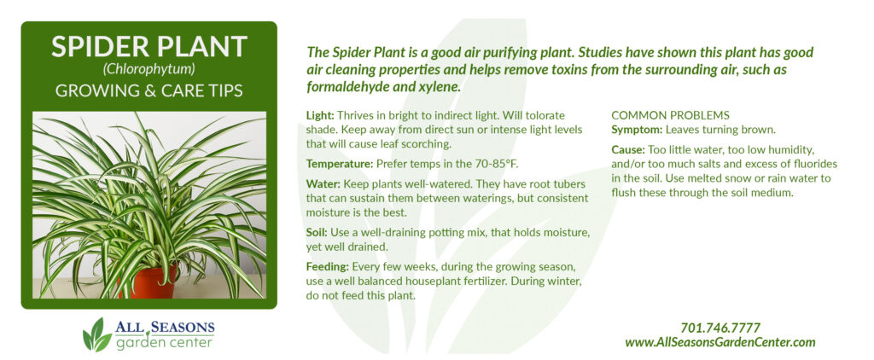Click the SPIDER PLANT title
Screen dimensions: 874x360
coord(149,47)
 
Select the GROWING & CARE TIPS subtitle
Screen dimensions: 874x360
coord(149,90)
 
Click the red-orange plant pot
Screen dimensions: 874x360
coord(149,281)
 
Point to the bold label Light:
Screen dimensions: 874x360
coord(320,116)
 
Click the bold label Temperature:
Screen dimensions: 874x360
coord(340,164)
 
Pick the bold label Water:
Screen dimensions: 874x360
coord(323,184)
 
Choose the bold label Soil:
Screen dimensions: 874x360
coord(318,232)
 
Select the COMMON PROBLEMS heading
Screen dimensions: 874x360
coord(671,116)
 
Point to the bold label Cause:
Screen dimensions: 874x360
coord(628,150)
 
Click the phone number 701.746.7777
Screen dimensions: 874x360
coord(720,328)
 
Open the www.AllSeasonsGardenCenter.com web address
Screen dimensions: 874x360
coord(720,343)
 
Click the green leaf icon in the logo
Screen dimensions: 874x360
coord(96,334)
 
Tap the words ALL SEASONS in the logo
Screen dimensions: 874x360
coord(165,327)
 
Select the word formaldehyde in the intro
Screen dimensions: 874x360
coord(342,88)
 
